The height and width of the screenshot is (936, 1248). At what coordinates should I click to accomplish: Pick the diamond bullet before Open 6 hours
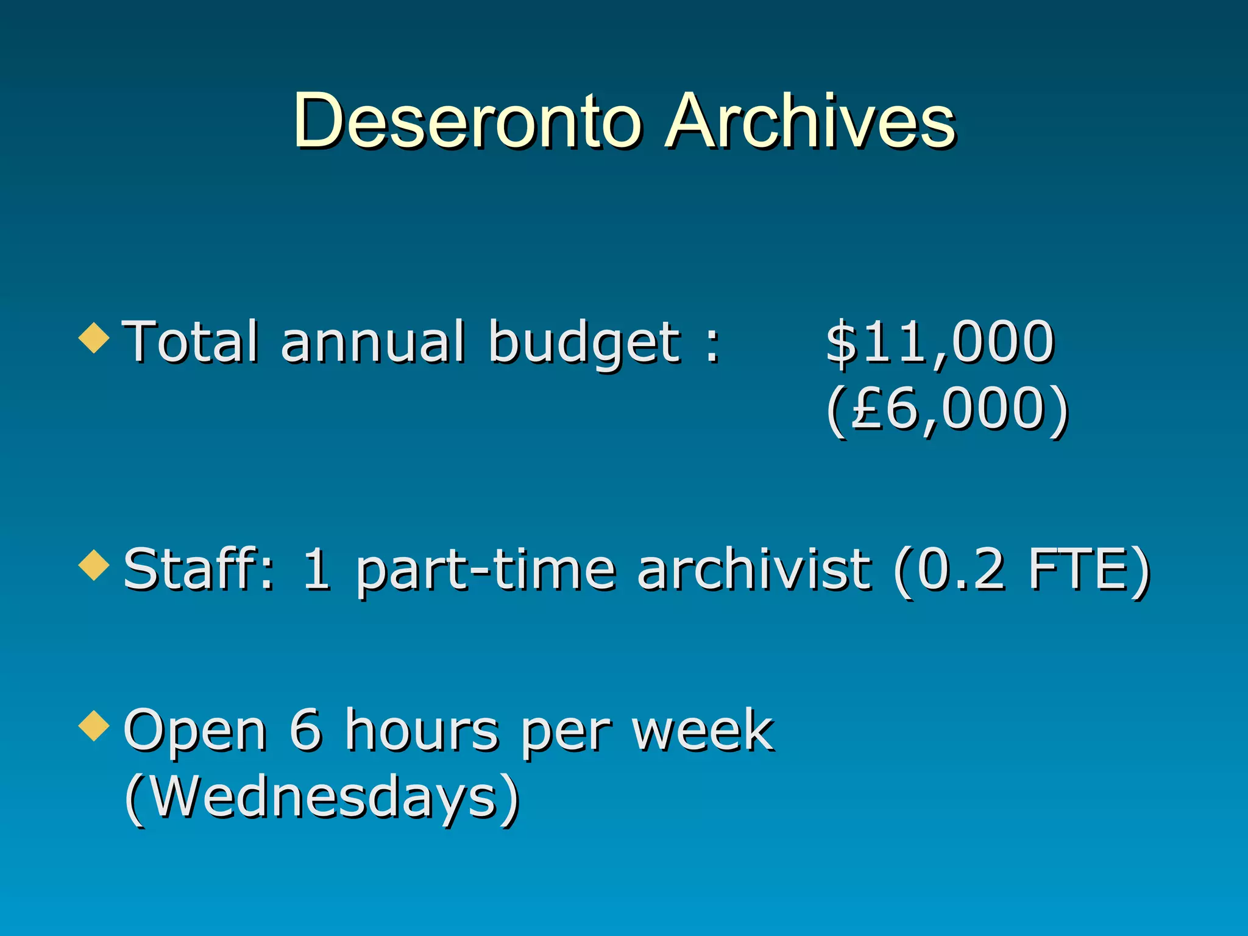pyautogui.click(x=94, y=725)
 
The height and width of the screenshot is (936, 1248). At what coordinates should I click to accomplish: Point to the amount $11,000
pyautogui.click(x=940, y=342)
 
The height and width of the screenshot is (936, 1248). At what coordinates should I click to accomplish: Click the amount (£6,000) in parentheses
pyautogui.click(x=947, y=409)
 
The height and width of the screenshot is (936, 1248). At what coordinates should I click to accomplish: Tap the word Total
pyautogui.click(x=191, y=342)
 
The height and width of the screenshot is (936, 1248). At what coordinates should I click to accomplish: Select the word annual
pyautogui.click(x=372, y=342)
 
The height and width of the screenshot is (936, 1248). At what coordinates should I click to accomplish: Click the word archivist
pyautogui.click(x=754, y=569)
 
